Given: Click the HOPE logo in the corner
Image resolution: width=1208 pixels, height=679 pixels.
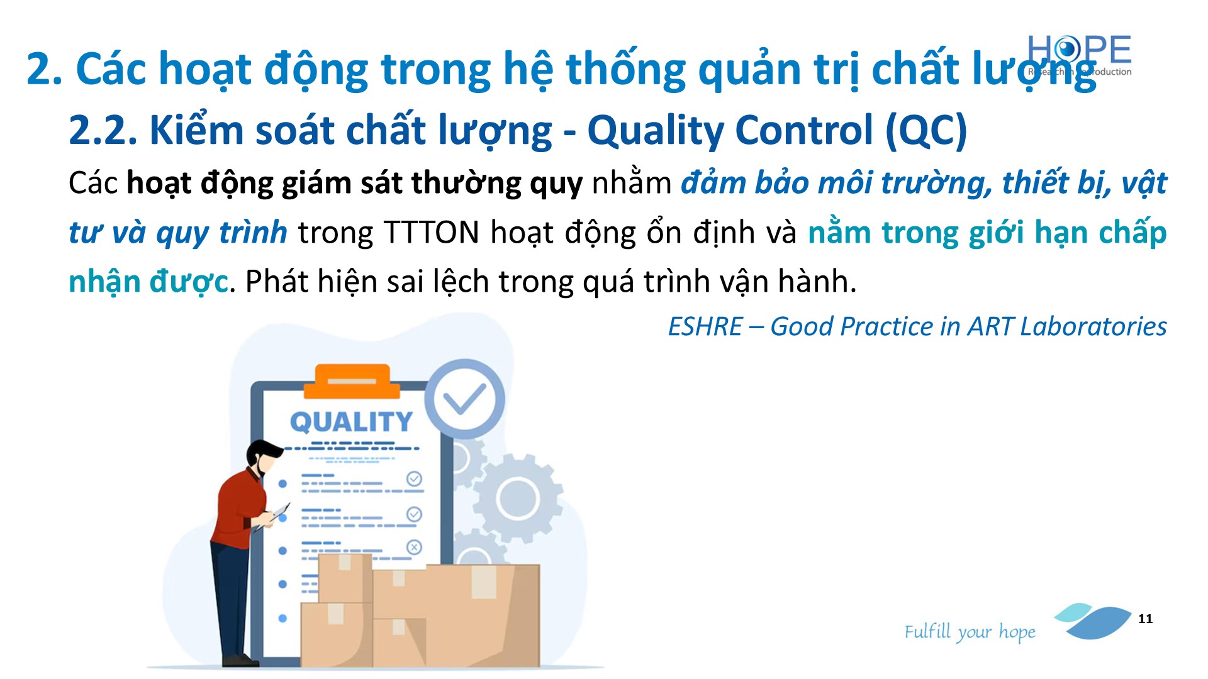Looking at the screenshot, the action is click(1080, 55).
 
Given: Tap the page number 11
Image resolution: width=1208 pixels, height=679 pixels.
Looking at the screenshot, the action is click(1145, 619).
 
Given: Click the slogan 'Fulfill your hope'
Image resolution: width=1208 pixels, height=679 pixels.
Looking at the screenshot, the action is click(970, 632).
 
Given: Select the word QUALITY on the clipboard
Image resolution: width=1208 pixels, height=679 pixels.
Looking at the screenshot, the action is click(351, 422).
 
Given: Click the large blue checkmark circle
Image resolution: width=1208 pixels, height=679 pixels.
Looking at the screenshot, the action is click(464, 399).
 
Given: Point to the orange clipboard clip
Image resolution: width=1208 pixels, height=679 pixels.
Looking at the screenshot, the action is click(352, 381).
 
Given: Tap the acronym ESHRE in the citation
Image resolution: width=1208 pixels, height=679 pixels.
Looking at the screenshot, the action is click(705, 326).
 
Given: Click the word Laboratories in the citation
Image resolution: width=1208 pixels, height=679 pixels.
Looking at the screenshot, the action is click(1093, 326).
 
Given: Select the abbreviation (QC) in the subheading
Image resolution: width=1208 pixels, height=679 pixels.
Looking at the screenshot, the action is click(926, 130).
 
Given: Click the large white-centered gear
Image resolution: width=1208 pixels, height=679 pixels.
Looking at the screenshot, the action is click(517, 499).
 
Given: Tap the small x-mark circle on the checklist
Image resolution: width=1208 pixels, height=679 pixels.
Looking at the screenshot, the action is click(414, 547).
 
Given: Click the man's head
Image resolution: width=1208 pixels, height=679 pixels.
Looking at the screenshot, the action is click(264, 457).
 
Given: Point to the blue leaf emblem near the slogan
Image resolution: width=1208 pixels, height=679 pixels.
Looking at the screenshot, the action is click(1093, 621).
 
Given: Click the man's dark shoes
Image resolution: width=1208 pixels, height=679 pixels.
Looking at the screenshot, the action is click(240, 660).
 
